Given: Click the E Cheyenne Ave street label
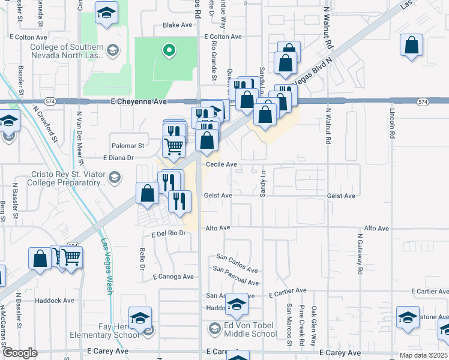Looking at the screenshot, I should tap(139, 102).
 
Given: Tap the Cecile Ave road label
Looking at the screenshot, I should tap(221, 164).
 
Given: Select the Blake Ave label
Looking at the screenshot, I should tap(178, 25).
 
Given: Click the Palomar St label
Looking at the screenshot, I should tap(128, 145).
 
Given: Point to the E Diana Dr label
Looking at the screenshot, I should tap(118, 158).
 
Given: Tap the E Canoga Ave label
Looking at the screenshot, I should tap(173, 277).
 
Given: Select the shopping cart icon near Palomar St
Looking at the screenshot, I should tap(173, 145).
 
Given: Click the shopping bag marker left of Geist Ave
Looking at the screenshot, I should tap(148, 193).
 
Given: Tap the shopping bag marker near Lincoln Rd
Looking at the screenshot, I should tap(412, 45).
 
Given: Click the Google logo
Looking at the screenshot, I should tap(20, 353).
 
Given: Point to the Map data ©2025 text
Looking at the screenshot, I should tap(423, 355).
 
